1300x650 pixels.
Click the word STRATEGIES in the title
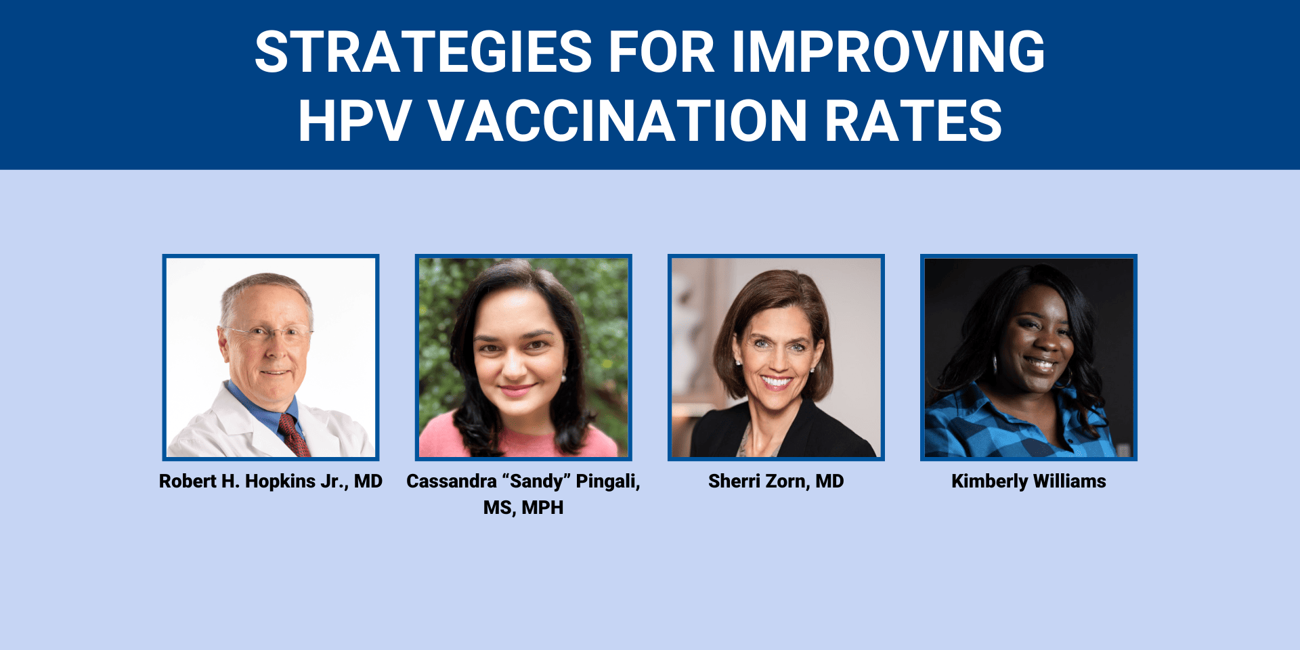(424, 51)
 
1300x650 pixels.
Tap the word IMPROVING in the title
(888, 51)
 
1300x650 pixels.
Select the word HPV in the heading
(355, 121)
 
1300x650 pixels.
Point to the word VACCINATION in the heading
(617, 121)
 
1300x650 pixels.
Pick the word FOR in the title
(662, 51)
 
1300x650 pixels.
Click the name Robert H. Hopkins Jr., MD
(271, 481)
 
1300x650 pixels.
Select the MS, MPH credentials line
(523, 508)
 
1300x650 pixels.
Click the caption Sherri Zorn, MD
(776, 481)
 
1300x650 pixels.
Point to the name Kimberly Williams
(1028, 481)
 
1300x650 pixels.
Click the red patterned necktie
(295, 434)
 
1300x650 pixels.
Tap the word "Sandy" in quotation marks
(538, 481)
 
